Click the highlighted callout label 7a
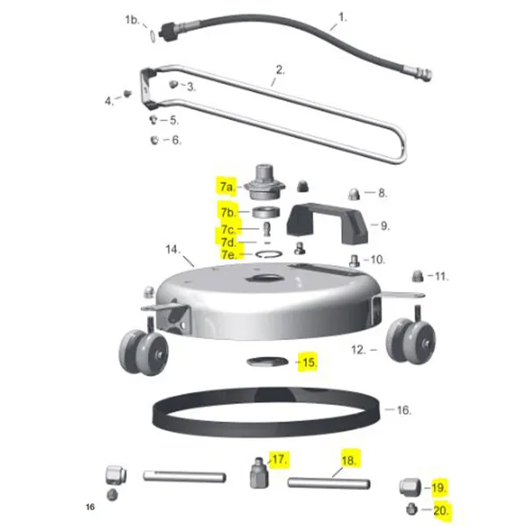click(227, 186)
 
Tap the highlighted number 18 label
click(350, 460)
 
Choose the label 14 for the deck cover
click(172, 250)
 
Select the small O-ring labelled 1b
click(154, 35)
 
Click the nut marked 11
click(418, 276)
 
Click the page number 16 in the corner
click(89, 508)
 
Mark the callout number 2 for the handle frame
click(280, 69)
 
